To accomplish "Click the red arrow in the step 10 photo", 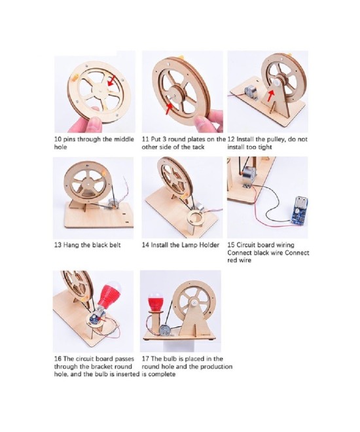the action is pyautogui.click(x=111, y=81).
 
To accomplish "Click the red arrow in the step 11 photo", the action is pyautogui.click(x=169, y=109).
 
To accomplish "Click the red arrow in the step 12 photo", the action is pyautogui.click(x=271, y=96).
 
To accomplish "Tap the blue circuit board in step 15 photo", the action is pyautogui.click(x=298, y=209).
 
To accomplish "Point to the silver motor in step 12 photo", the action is pyautogui.click(x=251, y=92).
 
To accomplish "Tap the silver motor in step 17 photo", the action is pyautogui.click(x=165, y=330).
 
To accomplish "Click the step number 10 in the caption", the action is pyautogui.click(x=58, y=139).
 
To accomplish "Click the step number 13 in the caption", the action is pyautogui.click(x=58, y=245).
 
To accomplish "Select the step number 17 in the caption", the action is pyautogui.click(x=145, y=359).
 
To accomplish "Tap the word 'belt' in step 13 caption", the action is pyautogui.click(x=115, y=245).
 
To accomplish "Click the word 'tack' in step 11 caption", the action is pyautogui.click(x=198, y=147).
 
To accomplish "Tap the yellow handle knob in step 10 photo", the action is pyautogui.click(x=73, y=79).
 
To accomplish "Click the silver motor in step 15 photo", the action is pyautogui.click(x=249, y=177).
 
